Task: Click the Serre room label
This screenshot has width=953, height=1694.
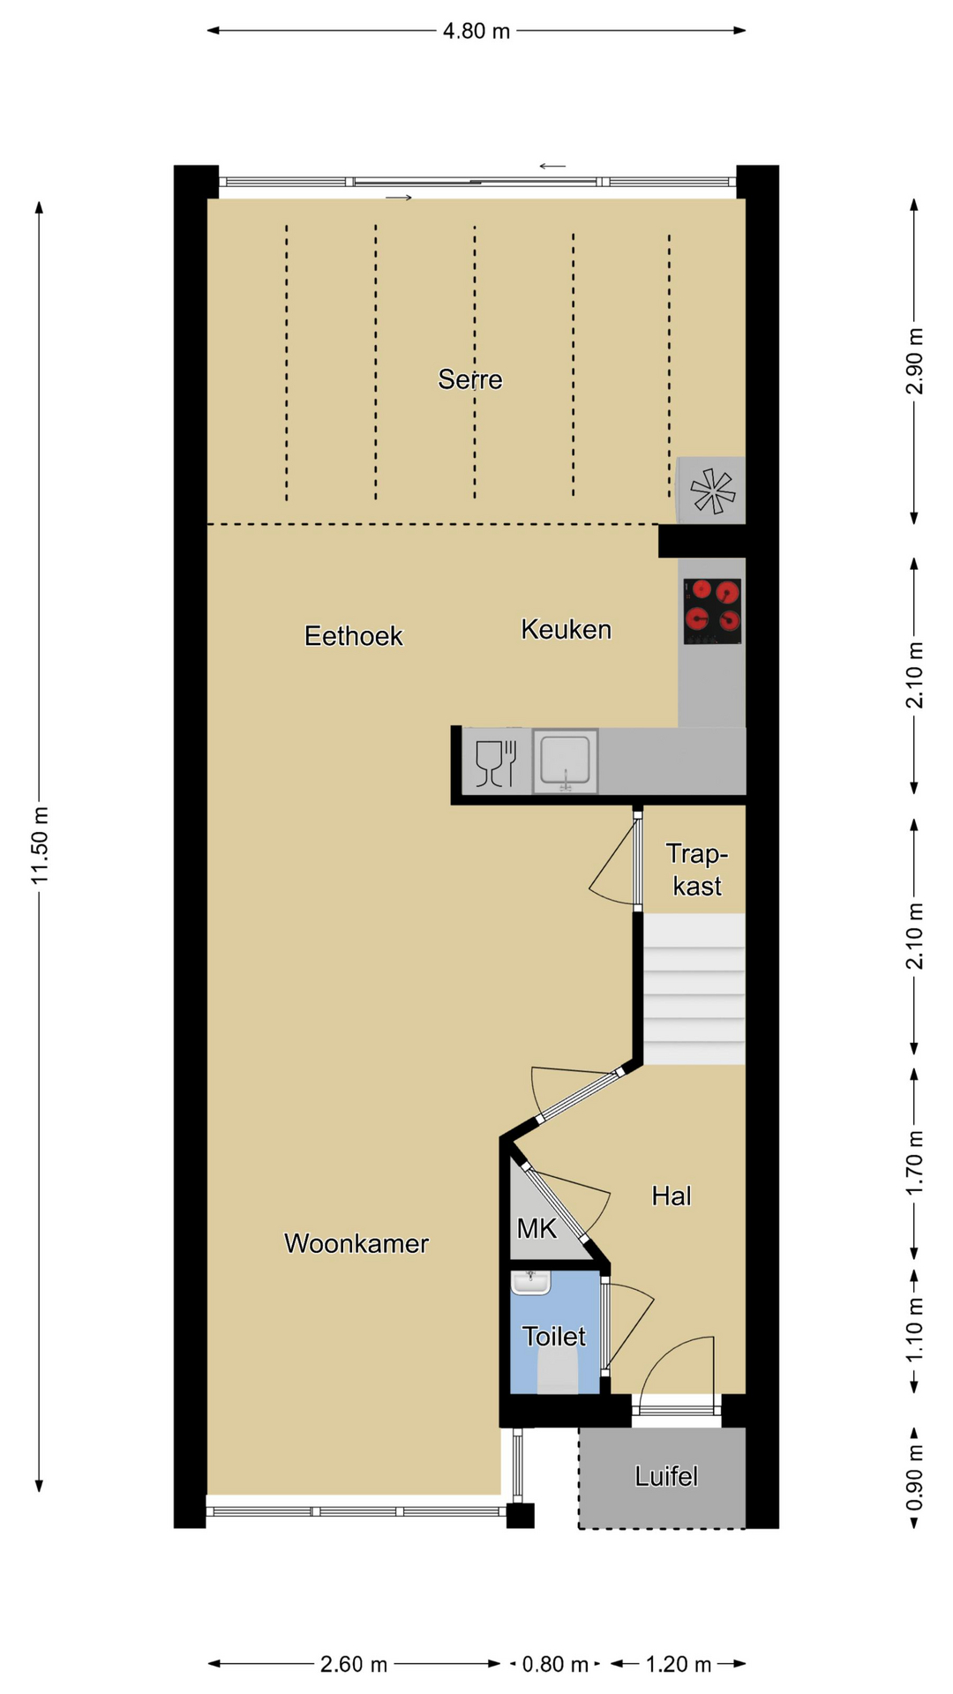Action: coord(470,379)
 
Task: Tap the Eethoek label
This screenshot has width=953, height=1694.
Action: coord(354,636)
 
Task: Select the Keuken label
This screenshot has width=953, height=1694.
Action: coord(567,629)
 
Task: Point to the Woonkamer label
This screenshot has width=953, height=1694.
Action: coord(356,1243)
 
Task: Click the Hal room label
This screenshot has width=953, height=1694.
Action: coord(672,1196)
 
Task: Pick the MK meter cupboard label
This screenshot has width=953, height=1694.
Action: coord(537,1228)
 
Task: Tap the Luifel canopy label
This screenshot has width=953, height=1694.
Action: coord(666,1476)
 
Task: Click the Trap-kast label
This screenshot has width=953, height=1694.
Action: coord(697,870)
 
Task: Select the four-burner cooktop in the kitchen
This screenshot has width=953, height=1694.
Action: coord(712,611)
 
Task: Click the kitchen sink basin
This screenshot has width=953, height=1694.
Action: coord(565,761)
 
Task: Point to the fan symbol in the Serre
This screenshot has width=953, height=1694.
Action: coord(712,491)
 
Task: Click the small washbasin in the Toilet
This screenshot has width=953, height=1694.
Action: coord(530,1283)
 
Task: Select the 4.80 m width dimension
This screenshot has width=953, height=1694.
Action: coord(476,31)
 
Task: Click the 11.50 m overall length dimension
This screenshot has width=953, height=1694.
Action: coord(39,846)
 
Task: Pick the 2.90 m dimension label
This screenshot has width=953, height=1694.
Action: coord(915,361)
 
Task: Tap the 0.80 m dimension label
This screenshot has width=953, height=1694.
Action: coord(555,1664)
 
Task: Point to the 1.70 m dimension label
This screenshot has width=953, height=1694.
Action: coord(915,1163)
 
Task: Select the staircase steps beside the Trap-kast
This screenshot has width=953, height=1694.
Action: coord(694,989)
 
